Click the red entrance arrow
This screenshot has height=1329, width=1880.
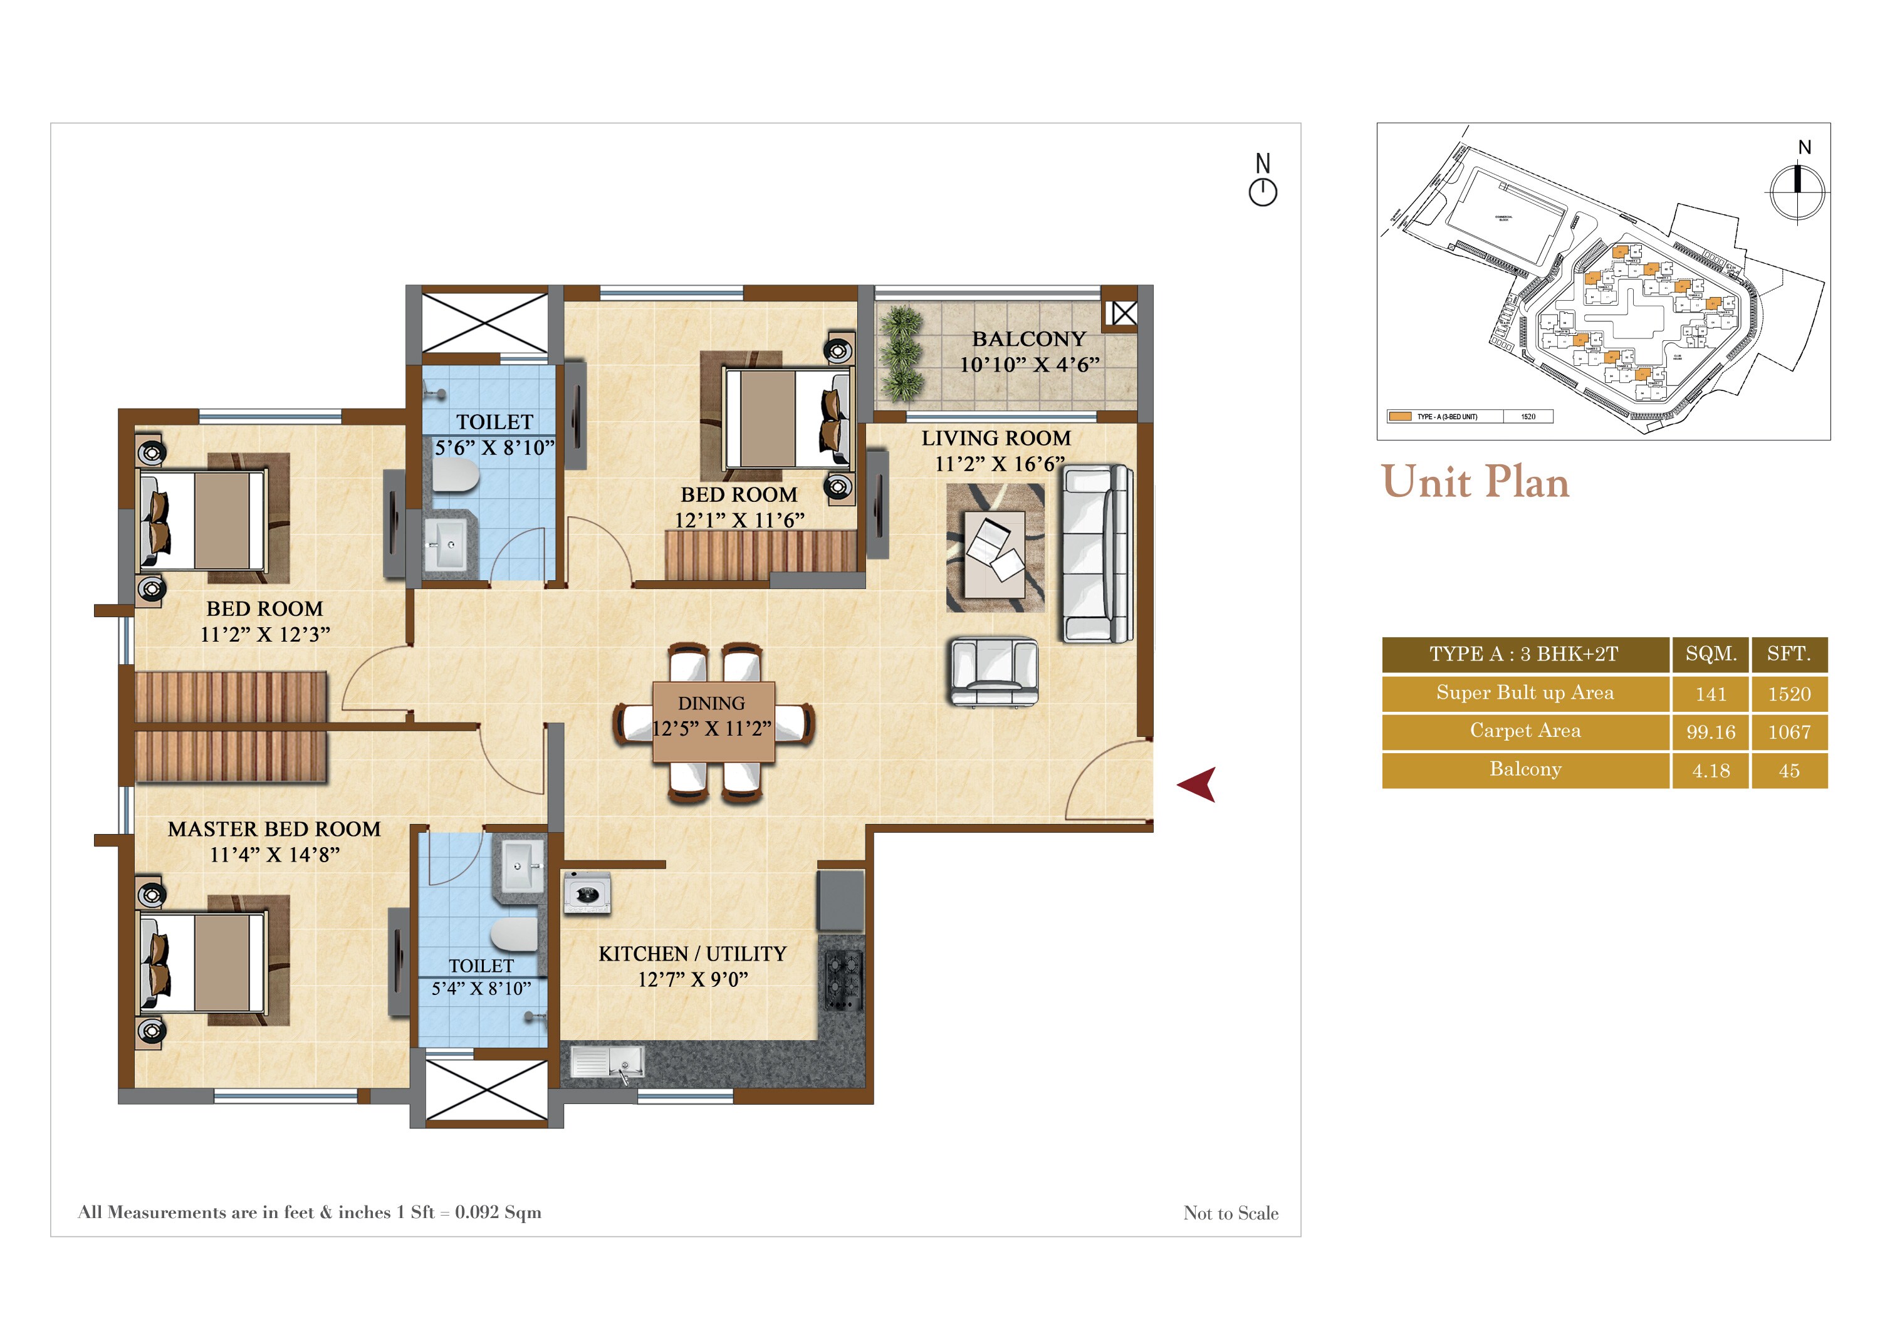(x=1198, y=784)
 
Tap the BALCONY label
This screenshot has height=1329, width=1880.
(x=1028, y=339)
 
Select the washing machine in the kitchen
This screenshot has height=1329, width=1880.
(x=587, y=892)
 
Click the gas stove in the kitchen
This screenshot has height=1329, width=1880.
(x=843, y=980)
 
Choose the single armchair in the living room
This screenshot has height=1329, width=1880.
(x=994, y=672)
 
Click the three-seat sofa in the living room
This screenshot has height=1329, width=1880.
(x=1097, y=553)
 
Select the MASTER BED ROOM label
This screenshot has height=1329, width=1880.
(x=274, y=829)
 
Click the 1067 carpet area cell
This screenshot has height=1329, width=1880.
(x=1789, y=732)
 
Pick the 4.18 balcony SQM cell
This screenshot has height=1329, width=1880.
(x=1711, y=771)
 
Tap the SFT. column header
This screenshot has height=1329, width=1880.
(x=1789, y=654)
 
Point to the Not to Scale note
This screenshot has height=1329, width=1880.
(x=1230, y=1212)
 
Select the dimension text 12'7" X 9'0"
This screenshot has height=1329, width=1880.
(x=692, y=979)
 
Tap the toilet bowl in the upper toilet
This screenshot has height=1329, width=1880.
(x=455, y=475)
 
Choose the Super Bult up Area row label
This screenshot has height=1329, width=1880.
(x=1525, y=693)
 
